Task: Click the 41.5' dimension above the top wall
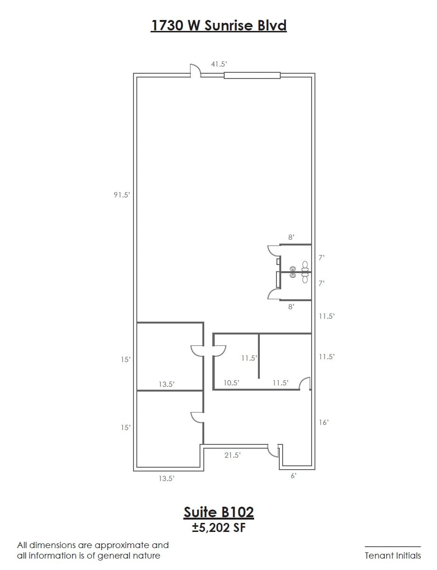219,64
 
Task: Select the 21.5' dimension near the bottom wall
232,455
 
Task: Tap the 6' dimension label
293,475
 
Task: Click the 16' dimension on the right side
324,422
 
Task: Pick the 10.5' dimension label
231,383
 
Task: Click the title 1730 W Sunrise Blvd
218,25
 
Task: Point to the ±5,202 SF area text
218,528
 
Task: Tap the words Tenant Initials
392,555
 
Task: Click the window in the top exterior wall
252,75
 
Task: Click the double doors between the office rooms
208,351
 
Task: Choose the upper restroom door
274,251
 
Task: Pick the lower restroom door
274,294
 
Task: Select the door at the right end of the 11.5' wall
305,383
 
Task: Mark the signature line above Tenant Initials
392,547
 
